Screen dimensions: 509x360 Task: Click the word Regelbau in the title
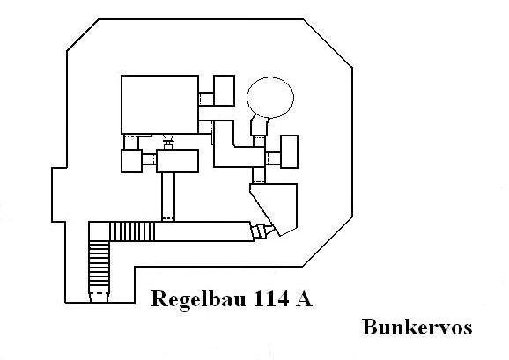(198, 299)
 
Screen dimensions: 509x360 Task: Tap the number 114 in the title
(270, 298)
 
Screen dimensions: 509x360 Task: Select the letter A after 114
(304, 298)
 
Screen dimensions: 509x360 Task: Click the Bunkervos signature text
(417, 327)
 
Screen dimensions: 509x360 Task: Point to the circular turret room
(270, 98)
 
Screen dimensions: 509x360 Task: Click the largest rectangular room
(159, 105)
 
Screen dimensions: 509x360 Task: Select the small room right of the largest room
(224, 91)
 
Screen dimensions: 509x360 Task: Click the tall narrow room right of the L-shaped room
(289, 151)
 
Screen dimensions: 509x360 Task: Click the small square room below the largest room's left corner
(131, 160)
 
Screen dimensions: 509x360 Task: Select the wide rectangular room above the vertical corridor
(177, 160)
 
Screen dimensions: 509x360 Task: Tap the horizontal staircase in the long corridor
(132, 231)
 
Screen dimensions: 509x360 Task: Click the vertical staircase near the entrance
(99, 263)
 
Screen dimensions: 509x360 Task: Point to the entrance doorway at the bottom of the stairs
(99, 297)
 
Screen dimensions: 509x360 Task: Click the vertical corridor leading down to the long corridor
(168, 196)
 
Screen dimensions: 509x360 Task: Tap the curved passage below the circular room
(260, 126)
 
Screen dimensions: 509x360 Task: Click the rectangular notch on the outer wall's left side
(59, 195)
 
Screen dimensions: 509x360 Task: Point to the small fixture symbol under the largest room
(168, 142)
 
